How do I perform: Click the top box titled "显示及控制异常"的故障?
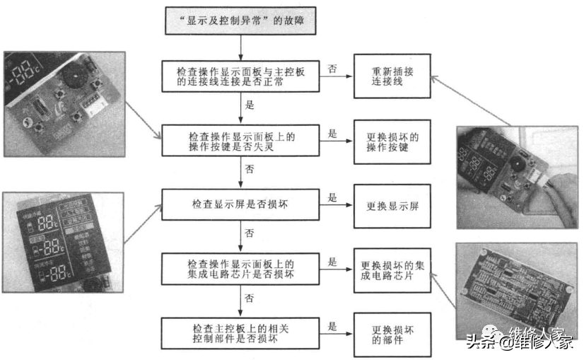tap(241, 20)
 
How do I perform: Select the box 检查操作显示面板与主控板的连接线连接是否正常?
tap(240, 78)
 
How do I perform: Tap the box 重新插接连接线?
tap(391, 78)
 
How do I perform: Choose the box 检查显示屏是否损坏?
tap(240, 204)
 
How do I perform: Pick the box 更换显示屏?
tap(391, 207)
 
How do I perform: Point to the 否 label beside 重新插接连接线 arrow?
tap(332, 68)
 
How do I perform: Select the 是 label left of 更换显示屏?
tap(332, 197)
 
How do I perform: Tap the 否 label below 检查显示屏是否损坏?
tap(249, 232)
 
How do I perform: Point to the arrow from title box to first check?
tap(241, 47)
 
